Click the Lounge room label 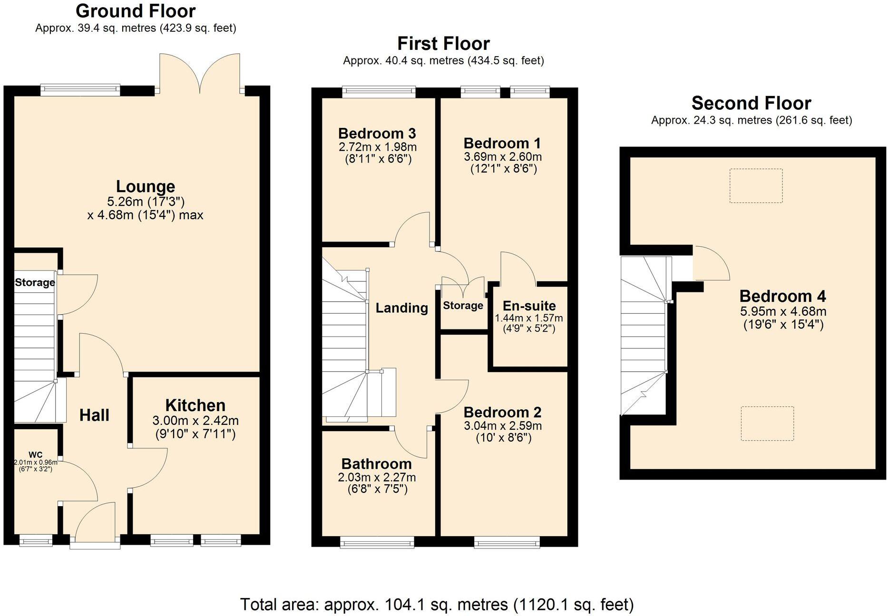[146, 186]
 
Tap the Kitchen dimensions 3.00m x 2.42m [195, 421]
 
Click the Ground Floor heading [136, 11]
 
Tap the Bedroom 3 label [377, 134]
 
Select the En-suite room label [529, 306]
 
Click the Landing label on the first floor [402, 308]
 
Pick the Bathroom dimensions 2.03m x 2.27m [377, 477]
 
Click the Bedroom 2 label [503, 412]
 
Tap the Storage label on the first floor [463, 306]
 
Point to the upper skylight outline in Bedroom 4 [756, 186]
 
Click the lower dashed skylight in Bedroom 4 [767, 423]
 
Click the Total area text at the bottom [437, 605]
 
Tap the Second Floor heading [751, 103]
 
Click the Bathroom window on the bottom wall [377, 542]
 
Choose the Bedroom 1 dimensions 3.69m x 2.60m [503, 157]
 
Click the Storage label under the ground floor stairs [35, 282]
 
